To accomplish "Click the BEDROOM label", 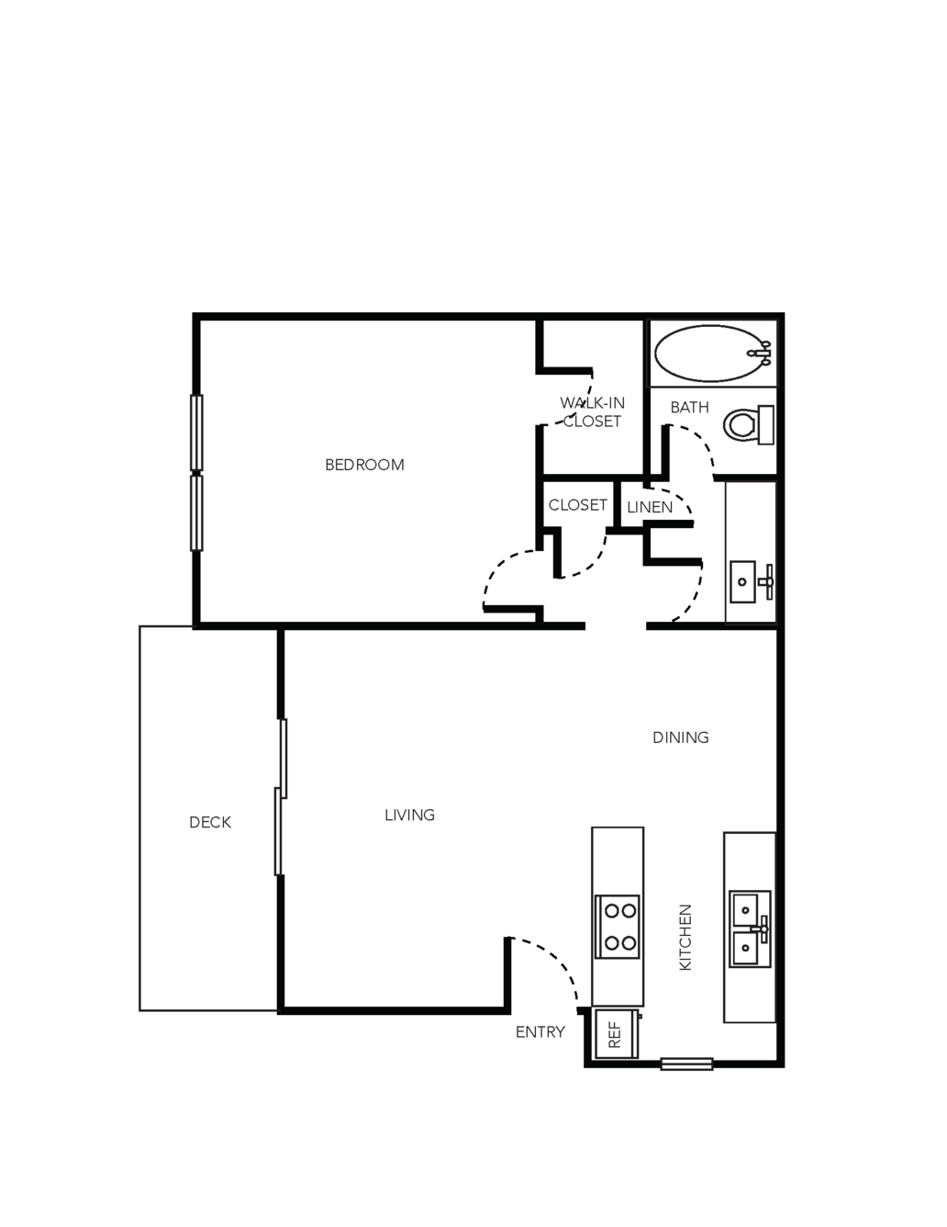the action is tap(364, 465).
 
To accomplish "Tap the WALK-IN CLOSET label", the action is tap(592, 411).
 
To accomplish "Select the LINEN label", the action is tap(650, 507).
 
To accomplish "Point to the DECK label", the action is tap(210, 822).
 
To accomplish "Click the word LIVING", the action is tap(409, 815).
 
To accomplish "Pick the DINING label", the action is tap(681, 737).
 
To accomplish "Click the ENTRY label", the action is tap(540, 1032).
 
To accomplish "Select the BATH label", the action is tap(689, 407).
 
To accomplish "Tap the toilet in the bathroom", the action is tap(749, 424).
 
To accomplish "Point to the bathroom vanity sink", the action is tap(751, 581).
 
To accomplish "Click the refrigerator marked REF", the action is tap(617, 1033).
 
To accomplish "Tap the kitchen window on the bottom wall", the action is tap(686, 1064).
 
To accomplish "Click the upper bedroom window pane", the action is tap(196, 433).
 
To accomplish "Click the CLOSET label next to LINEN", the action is tap(577, 505).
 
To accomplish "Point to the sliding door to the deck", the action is tap(280, 797).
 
